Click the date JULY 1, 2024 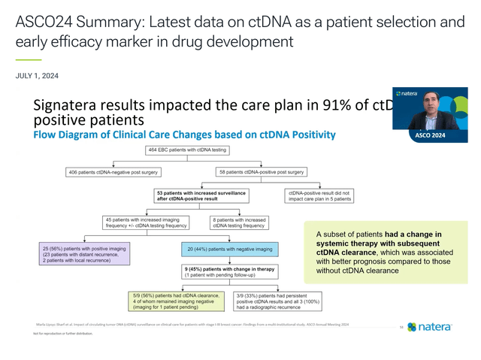37,76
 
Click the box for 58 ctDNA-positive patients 251,173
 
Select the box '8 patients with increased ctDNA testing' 237,222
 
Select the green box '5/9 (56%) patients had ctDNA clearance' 175,301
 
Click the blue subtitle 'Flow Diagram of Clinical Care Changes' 184,135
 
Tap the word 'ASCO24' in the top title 44,21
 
